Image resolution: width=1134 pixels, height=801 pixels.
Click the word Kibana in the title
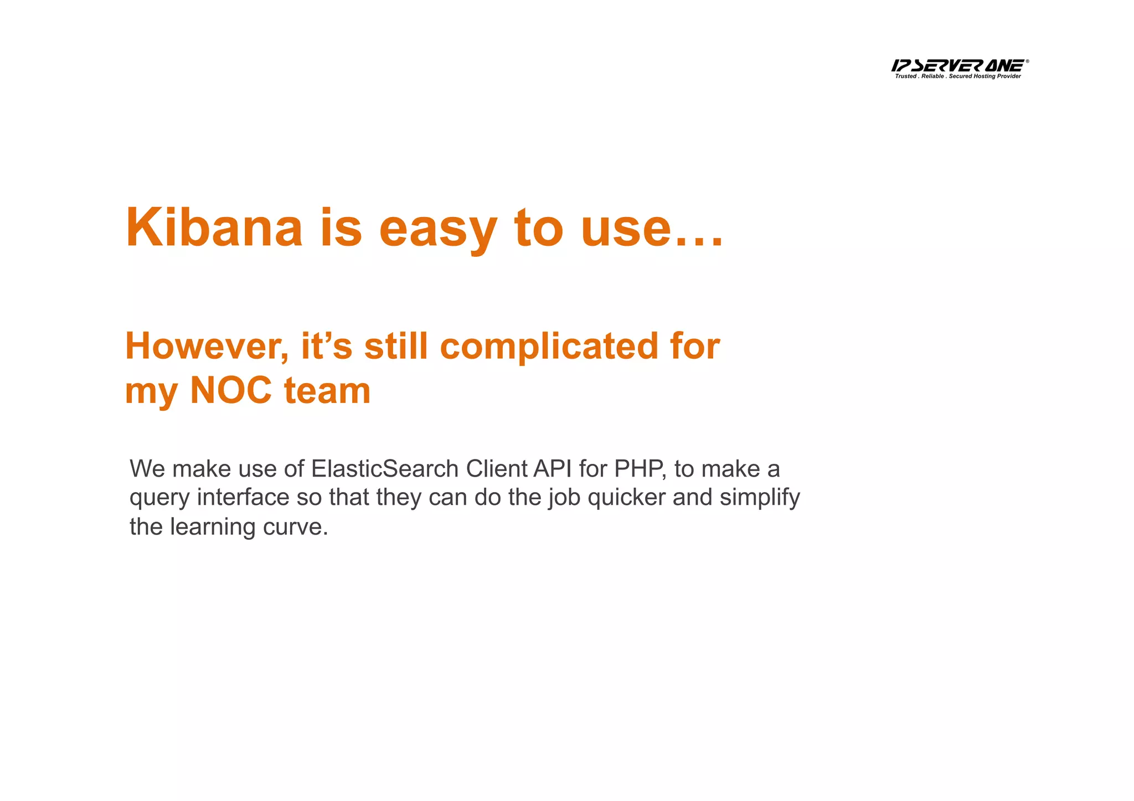pos(214,228)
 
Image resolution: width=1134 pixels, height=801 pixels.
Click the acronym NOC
pos(231,390)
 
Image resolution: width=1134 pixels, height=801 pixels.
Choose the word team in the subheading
pos(327,390)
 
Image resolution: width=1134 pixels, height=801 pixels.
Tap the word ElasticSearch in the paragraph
pos(385,469)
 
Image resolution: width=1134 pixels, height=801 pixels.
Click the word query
pos(159,498)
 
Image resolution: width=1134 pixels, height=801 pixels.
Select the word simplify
pos(760,498)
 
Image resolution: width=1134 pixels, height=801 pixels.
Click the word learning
pos(212,527)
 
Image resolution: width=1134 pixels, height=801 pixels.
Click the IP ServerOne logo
pos(958,65)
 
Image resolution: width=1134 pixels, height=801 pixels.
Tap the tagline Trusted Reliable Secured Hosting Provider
pos(958,76)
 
